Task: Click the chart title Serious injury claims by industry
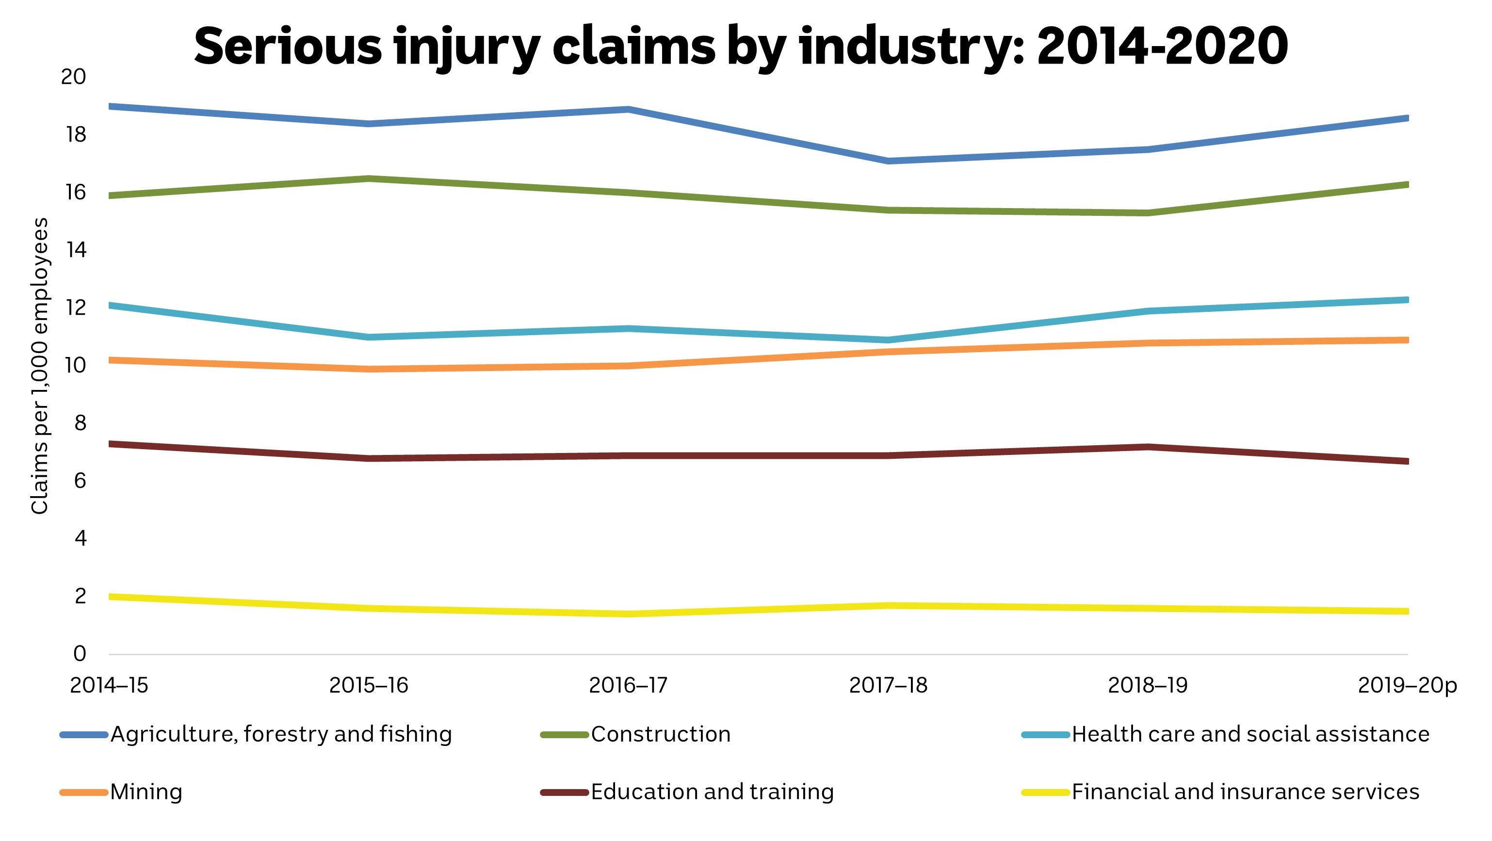click(740, 47)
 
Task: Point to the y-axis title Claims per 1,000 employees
click(39, 366)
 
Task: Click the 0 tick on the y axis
click(80, 654)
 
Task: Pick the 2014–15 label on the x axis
click(109, 686)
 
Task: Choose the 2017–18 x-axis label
click(888, 686)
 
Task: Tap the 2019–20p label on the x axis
click(1407, 686)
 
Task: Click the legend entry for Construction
click(660, 734)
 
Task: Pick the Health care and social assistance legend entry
click(1250, 734)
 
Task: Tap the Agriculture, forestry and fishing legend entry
click(281, 734)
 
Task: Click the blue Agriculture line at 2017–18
click(888, 161)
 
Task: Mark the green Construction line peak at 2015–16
click(369, 178)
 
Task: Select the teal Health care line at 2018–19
click(1148, 311)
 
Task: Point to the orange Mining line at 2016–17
click(629, 366)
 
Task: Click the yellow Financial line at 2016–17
click(629, 614)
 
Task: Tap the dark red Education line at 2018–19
click(1148, 447)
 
